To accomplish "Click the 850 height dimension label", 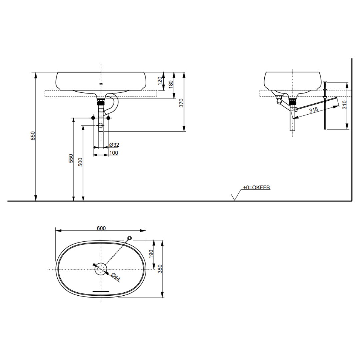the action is (33, 136).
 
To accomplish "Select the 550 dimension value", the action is (71, 158).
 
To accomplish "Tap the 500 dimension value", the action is (80, 162).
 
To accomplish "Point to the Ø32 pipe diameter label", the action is (114, 145).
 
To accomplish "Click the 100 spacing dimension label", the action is (114, 153).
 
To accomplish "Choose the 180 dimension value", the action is (171, 84).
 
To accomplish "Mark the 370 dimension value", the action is (181, 103).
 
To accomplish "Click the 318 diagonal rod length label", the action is (314, 110).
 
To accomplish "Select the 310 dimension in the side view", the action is (345, 105).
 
